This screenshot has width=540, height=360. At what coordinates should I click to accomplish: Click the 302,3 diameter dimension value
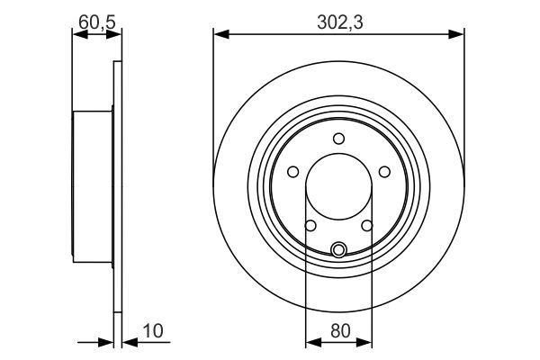click(x=338, y=18)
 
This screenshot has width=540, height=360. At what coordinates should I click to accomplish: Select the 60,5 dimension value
click(x=96, y=18)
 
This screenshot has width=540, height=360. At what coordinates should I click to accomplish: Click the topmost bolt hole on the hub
click(x=338, y=138)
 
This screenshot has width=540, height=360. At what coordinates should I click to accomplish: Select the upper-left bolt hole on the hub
click(x=293, y=171)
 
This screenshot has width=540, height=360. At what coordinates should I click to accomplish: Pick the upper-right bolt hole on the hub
click(x=384, y=171)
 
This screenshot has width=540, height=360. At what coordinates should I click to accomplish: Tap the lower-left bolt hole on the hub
click(x=310, y=226)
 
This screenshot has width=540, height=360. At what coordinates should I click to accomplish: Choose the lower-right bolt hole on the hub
click(x=367, y=226)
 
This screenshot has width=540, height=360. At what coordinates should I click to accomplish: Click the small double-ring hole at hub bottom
click(x=338, y=250)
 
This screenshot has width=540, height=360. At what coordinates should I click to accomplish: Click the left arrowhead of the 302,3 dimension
click(x=219, y=34)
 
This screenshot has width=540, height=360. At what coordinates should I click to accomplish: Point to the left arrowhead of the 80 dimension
click(x=311, y=341)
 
